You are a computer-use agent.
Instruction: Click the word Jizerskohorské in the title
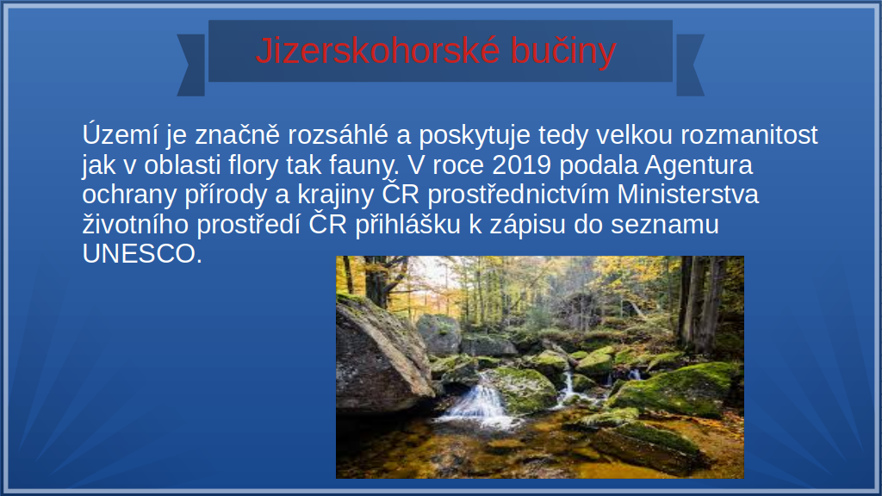(377, 51)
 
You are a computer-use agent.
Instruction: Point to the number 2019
(521, 164)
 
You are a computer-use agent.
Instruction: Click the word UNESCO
(142, 254)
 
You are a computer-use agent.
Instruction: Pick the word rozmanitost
(749, 135)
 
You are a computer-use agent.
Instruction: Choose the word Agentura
(698, 165)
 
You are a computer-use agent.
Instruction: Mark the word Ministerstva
(688, 195)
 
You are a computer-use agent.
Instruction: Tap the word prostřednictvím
(518, 195)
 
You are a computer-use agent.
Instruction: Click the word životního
(135, 225)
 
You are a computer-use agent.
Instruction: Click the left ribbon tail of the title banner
(191, 65)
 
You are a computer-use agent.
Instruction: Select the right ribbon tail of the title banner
(690, 65)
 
